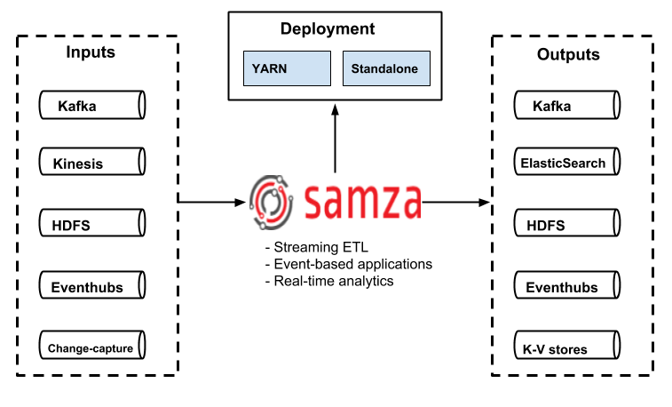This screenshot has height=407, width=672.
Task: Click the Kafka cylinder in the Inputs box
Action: (92, 106)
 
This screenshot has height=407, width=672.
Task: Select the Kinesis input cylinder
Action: (92, 164)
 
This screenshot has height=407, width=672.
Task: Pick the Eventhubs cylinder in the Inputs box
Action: (92, 287)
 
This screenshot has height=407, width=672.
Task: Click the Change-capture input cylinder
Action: (92, 348)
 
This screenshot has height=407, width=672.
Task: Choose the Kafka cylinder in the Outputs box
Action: (565, 106)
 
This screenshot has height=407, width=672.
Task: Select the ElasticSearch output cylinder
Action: (565, 164)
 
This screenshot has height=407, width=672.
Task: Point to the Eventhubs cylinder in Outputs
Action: (565, 287)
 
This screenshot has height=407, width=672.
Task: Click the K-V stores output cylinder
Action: (565, 348)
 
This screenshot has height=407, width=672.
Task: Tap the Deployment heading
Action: (328, 29)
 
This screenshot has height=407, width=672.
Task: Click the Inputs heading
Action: (91, 52)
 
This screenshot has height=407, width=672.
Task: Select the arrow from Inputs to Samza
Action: (211, 203)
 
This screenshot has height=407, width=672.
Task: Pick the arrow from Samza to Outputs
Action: (455, 203)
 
